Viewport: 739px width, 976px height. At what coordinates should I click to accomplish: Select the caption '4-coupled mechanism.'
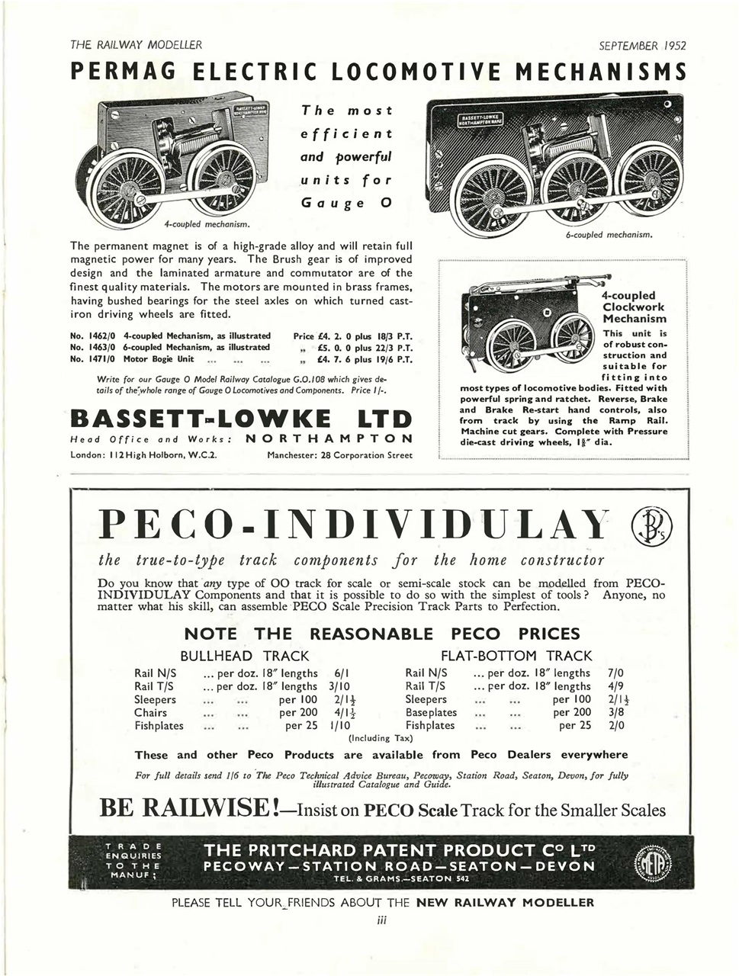point(207,224)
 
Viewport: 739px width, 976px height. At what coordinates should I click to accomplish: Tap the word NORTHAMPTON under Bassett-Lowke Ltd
point(330,438)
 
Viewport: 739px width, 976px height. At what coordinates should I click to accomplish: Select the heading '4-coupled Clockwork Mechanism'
point(634,307)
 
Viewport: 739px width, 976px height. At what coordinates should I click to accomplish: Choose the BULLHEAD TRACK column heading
point(244,656)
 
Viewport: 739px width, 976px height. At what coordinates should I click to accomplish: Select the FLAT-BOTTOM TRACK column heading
point(516,656)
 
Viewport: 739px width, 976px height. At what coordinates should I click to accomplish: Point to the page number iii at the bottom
point(383,920)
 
